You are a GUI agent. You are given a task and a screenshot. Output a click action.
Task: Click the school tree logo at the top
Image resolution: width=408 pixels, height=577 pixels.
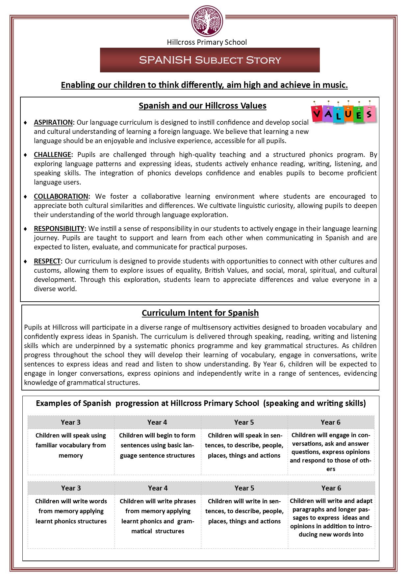point(207,21)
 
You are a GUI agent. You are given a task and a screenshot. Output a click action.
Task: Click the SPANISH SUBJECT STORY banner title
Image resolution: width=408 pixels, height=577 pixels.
point(210,60)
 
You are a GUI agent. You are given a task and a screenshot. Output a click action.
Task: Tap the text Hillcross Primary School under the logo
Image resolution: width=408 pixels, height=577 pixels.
point(207,42)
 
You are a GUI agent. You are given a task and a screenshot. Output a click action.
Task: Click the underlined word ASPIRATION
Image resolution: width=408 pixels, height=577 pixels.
point(53,122)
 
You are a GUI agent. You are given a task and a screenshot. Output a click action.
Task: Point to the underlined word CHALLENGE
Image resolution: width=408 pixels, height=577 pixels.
point(53,155)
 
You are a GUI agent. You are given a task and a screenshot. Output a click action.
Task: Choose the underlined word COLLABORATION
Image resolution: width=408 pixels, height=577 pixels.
point(61,196)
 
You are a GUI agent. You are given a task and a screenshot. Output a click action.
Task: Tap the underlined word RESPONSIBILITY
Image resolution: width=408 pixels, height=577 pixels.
point(59,229)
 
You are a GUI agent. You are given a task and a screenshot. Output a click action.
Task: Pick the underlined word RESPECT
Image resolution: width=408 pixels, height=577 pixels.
point(47,261)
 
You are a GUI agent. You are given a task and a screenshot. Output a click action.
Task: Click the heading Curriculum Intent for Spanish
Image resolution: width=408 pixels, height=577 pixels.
point(200,313)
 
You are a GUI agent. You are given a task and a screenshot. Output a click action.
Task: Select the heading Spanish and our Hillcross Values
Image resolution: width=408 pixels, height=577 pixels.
point(202,106)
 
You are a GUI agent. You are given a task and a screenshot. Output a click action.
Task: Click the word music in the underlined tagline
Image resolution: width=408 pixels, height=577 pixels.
point(335,85)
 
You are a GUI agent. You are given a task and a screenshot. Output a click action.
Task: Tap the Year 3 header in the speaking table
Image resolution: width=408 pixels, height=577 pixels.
point(71,422)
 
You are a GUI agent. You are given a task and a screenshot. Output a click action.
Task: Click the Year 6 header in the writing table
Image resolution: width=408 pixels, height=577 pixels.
point(331,488)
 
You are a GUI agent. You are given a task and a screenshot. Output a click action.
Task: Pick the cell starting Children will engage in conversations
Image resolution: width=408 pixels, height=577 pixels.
point(331,452)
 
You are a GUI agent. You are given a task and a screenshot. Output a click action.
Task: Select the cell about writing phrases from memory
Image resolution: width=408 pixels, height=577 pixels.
point(158,516)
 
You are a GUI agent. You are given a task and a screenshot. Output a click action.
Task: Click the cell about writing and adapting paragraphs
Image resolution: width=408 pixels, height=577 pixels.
point(331,517)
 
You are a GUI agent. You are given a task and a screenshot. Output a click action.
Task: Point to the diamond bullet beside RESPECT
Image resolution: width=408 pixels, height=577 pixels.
point(26,262)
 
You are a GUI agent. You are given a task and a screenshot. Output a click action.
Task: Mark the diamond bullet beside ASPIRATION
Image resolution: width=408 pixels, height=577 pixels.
point(26,123)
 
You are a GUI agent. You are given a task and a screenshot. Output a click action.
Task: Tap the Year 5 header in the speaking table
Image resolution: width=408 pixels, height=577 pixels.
point(244,422)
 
